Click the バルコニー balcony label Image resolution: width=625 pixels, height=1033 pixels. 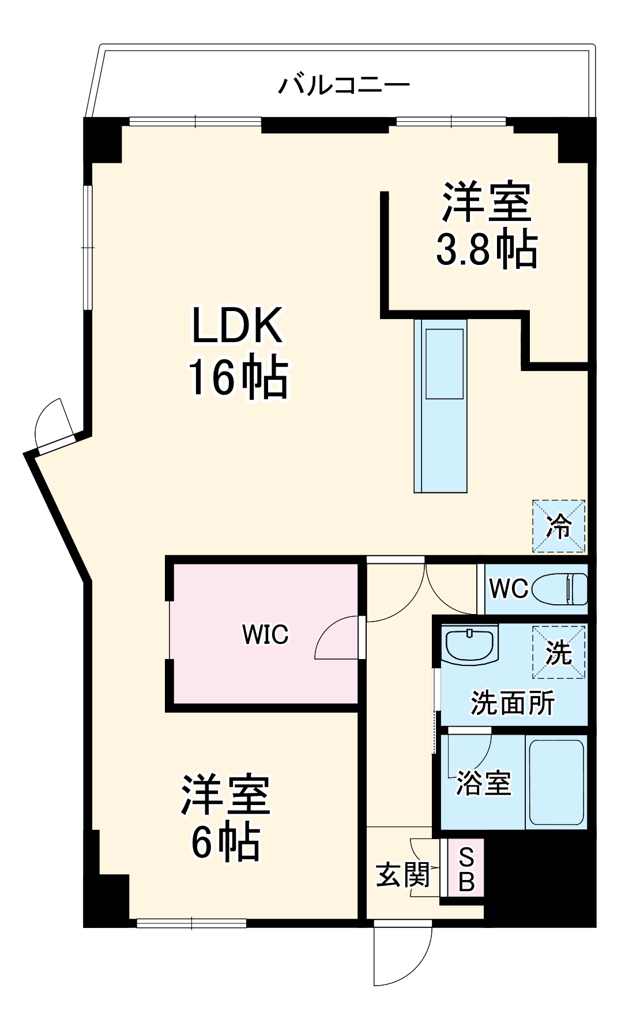pos(344,85)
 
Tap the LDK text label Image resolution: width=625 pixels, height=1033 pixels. pos(237,327)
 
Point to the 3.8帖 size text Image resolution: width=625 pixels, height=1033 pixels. pos(486,249)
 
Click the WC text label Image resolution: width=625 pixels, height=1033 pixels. pos(508,589)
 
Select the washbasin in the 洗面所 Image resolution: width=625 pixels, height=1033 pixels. pos(469,645)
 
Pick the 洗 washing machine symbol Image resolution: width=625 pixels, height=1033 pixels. pos(559,652)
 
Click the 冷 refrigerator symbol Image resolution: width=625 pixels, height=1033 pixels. pos(559,526)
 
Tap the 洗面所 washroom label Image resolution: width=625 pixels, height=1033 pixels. pos(513,703)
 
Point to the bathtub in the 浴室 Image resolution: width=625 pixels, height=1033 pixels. pos(556,782)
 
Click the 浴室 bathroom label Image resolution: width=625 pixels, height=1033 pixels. pos(483,784)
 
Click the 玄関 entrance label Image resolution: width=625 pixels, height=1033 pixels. pos(403,875)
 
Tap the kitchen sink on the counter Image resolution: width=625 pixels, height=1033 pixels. pos(444,364)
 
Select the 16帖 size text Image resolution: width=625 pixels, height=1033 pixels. pos(237,379)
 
